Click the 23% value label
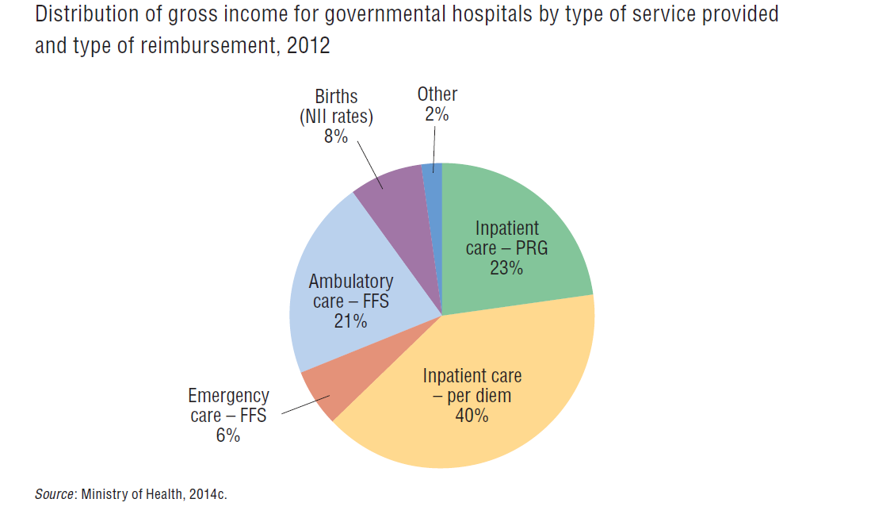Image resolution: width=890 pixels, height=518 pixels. click(x=506, y=268)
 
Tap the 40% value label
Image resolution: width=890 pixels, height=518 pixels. click(x=472, y=415)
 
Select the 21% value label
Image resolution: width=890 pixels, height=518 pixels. click(x=350, y=321)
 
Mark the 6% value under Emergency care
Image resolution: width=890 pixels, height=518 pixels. click(x=227, y=436)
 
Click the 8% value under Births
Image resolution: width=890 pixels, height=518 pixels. click(x=336, y=136)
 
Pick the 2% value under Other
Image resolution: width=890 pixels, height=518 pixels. click(x=437, y=114)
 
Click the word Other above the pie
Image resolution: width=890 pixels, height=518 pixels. click(x=437, y=94)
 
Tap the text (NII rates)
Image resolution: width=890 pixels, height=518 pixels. click(x=336, y=117)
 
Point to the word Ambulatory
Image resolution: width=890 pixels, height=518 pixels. click(x=350, y=282)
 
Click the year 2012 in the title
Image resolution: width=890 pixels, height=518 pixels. click(x=308, y=45)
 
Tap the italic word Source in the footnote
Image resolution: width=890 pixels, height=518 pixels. click(x=54, y=494)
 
